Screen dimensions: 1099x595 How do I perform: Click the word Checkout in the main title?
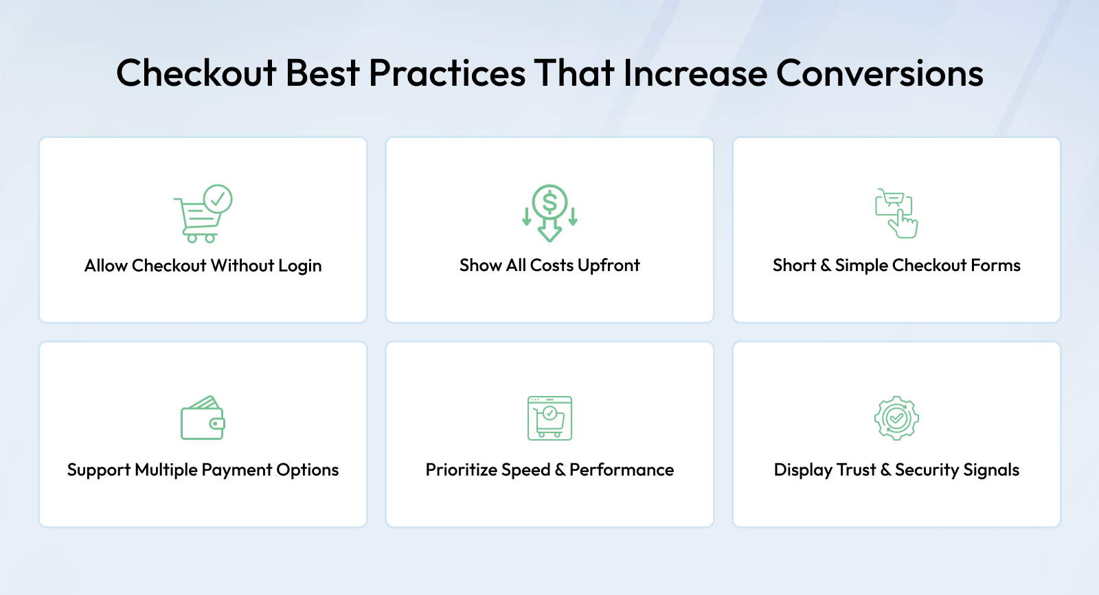[x=196, y=73]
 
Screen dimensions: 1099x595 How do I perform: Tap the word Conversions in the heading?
[x=880, y=73]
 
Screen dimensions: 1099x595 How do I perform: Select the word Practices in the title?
[x=447, y=73]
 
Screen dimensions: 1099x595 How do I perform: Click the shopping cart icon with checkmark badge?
[x=203, y=213]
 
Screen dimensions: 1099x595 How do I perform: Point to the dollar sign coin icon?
[x=549, y=213]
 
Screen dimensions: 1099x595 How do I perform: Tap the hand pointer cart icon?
[x=896, y=213]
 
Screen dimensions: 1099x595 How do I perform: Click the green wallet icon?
[x=203, y=417]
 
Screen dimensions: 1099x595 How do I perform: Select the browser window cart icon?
[x=549, y=418]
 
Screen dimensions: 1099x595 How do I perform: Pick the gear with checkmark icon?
[x=896, y=418]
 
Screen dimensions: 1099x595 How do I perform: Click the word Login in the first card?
[x=299, y=266]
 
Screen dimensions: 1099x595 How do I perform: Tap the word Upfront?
[x=609, y=265]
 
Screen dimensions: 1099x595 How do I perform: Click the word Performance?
[x=622, y=469]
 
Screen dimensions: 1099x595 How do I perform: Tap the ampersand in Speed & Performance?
[x=560, y=470]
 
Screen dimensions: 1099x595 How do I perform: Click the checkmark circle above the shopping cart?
[x=217, y=198]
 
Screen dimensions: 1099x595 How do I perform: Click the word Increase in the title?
[x=695, y=73]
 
